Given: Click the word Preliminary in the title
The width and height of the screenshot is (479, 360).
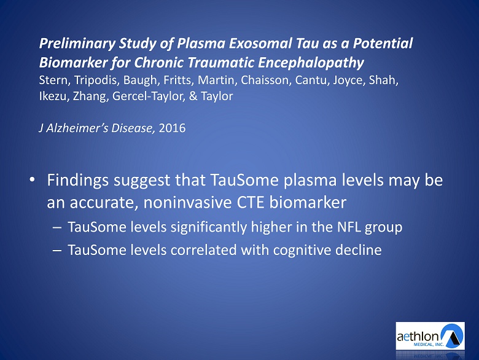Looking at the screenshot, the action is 77,44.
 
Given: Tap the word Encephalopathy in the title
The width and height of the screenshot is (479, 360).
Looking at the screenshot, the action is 311,63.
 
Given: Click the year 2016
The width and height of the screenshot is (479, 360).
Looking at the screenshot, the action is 172,128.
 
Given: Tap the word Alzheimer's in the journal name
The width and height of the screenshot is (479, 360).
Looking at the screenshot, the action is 77,128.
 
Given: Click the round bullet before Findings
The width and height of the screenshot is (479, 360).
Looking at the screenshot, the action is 32,179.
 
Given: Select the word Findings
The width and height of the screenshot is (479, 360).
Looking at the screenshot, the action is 78,181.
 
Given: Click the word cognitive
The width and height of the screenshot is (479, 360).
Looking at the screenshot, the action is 302,250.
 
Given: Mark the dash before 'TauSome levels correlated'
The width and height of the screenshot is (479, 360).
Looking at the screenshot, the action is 57,251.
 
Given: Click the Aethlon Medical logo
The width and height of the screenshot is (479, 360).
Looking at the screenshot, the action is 430,336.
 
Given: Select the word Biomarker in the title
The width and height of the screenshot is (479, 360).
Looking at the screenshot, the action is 73,63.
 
